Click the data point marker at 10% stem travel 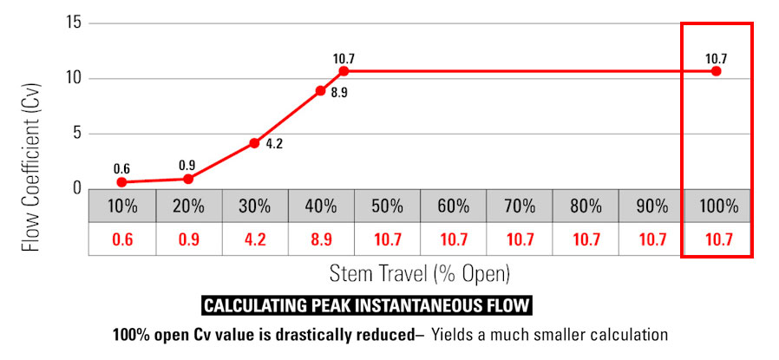[x=122, y=182]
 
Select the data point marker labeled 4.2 [x=254, y=142]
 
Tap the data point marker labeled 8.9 [x=321, y=90]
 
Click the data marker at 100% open [x=717, y=71]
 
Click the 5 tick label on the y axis [x=77, y=134]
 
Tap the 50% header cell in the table [x=387, y=207]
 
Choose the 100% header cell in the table [x=717, y=207]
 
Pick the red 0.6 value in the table [x=122, y=239]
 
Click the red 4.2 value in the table [x=254, y=239]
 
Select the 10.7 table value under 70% [x=519, y=239]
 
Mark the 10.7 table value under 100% [x=717, y=239]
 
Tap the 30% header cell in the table [x=254, y=207]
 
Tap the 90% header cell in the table [x=651, y=207]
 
